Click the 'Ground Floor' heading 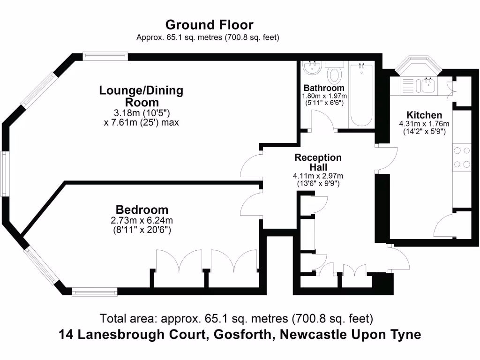click(209, 24)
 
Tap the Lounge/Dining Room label click(141, 96)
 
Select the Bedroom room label click(142, 210)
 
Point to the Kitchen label click(424, 115)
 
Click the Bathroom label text click(323, 88)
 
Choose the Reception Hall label click(318, 162)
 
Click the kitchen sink click(428, 85)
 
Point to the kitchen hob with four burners click(461, 157)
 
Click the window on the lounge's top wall click(105, 56)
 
